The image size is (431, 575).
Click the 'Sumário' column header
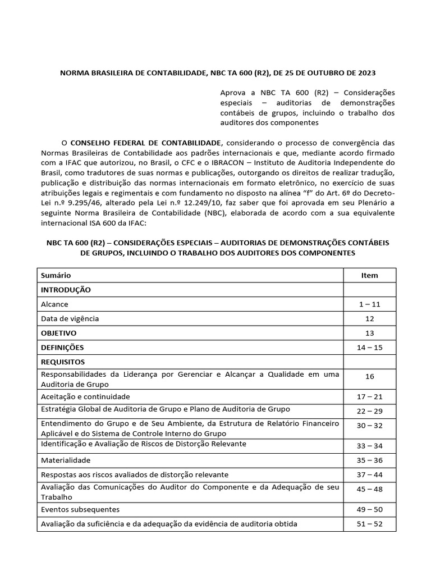56,275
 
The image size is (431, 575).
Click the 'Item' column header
369,275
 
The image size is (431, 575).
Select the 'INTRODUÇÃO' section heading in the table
66,290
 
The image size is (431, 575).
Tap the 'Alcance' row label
54,304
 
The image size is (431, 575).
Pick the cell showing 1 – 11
369,304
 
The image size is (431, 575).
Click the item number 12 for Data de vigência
369,318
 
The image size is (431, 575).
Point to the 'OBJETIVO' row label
58,333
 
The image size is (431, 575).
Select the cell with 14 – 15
369,348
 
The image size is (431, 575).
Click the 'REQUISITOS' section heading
63,362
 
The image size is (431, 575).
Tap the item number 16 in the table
369,377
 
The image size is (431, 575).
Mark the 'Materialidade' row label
66,460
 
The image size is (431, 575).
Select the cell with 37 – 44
369,474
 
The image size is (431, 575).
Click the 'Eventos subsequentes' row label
80,509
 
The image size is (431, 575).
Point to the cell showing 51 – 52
369,524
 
